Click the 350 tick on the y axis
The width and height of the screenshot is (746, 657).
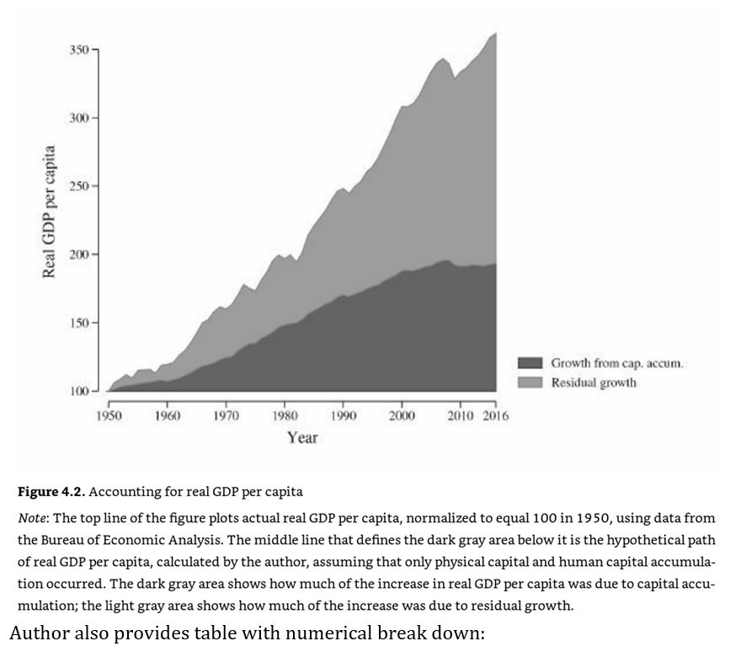(x=79, y=50)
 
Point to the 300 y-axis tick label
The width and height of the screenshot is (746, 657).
(x=79, y=118)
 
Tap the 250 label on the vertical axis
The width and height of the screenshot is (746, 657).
(x=79, y=186)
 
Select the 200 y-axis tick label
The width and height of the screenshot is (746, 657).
(x=79, y=254)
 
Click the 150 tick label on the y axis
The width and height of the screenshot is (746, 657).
(x=79, y=323)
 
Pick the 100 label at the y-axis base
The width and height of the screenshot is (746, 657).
(x=79, y=391)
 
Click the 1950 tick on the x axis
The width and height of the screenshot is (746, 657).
(x=109, y=415)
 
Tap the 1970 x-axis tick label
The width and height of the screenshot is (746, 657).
(x=226, y=415)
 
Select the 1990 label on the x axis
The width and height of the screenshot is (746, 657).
(x=343, y=415)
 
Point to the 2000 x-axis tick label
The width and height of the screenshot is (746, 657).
(x=401, y=415)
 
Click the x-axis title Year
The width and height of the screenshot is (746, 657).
(x=301, y=437)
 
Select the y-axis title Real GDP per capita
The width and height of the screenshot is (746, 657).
(x=50, y=211)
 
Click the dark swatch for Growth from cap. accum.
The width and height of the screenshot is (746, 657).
(x=530, y=363)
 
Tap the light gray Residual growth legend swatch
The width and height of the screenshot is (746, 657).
(x=530, y=382)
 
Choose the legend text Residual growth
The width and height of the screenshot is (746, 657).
(x=594, y=382)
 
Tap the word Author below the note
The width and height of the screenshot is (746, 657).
(x=39, y=633)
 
